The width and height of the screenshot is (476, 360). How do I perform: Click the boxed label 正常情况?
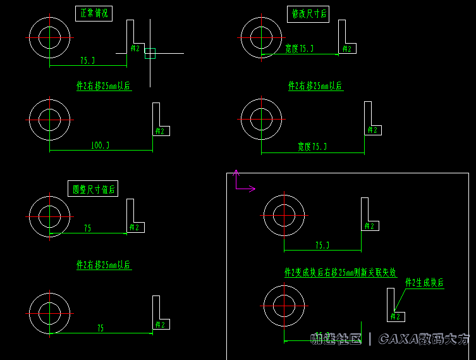pos(94,14)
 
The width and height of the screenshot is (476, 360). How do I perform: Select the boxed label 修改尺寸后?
pos(308,14)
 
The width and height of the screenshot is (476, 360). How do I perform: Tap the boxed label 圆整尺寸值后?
pos(94,188)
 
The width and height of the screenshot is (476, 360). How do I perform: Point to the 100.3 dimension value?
pos(100,146)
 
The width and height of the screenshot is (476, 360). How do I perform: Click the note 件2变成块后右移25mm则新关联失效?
pos(340,273)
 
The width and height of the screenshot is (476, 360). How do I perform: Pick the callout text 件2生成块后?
pos(424,283)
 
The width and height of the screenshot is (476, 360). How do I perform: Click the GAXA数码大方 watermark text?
pos(424,340)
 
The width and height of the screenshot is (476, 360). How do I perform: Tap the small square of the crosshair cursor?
pos(150,53)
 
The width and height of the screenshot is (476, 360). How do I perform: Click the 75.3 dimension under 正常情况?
pos(87,61)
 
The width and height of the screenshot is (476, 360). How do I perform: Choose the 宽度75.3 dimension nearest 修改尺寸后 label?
pos(299,49)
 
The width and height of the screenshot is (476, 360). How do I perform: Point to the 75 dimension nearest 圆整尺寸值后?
pos(87,228)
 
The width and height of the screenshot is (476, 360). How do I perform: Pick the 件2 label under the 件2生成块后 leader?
pos(396,316)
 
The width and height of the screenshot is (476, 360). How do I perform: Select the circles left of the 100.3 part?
pos(49,119)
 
